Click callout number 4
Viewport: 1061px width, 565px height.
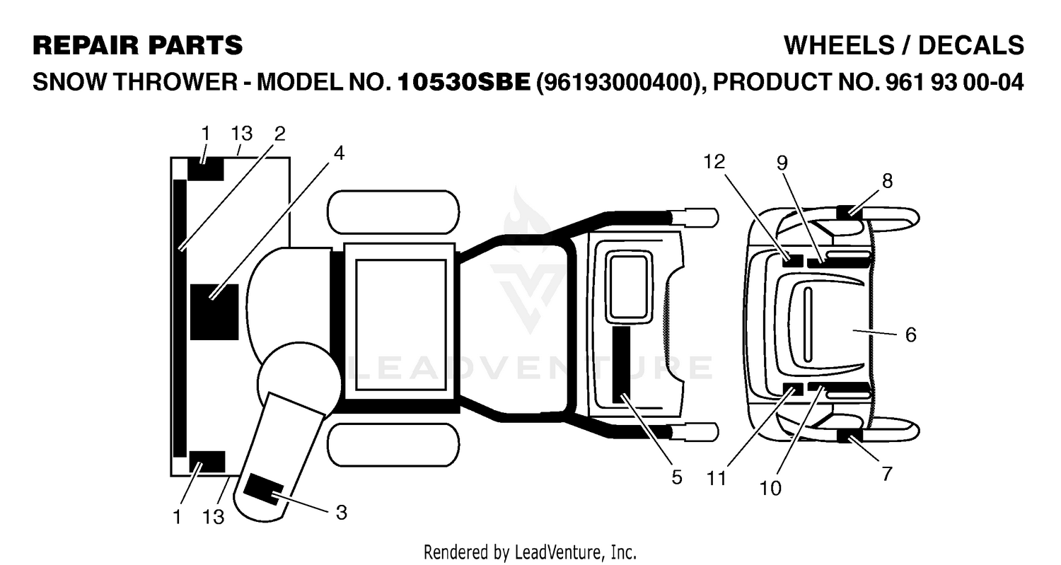[339, 153]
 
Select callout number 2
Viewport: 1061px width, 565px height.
[280, 134]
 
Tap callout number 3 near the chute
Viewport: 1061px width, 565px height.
[341, 513]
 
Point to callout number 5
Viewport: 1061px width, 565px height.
[677, 477]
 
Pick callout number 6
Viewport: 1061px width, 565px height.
[911, 335]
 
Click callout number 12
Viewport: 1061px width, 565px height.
[714, 162]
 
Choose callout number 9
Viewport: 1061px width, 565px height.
[782, 163]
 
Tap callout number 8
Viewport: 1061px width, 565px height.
[887, 180]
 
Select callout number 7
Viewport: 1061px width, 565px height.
[887, 474]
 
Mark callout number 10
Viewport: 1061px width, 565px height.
[770, 489]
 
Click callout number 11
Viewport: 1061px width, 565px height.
[716, 479]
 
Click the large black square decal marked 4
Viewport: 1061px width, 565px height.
[214, 312]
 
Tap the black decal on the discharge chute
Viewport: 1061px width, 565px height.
[263, 489]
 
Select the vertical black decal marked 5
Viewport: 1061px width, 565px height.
[621, 364]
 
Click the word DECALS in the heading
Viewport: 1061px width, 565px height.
[971, 46]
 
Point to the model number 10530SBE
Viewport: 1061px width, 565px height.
[464, 83]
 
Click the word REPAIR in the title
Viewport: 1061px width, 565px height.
[86, 46]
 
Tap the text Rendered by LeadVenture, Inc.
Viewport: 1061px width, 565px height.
[530, 552]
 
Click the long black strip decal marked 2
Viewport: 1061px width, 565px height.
[180, 318]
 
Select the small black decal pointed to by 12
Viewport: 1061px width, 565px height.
[792, 261]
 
